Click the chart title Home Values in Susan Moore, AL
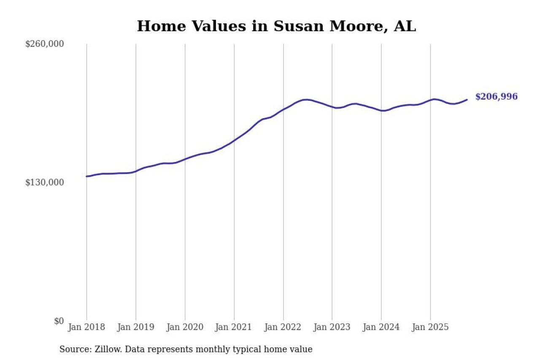tap(276, 26)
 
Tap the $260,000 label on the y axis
tap(44, 44)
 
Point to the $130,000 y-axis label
tap(44, 182)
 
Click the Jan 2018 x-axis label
tap(86, 327)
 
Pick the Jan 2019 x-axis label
tap(135, 327)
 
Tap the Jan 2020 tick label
tap(185, 327)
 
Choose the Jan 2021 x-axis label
tap(234, 327)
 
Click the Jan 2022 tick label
tap(283, 327)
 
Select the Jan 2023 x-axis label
tap(332, 327)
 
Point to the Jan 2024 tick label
tap(381, 327)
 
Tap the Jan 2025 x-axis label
tap(430, 327)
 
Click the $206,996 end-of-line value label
tap(496, 97)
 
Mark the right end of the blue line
tap(467, 100)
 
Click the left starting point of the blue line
tap(86, 176)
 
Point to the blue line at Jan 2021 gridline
tap(234, 140)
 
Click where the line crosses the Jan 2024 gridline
tap(381, 111)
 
